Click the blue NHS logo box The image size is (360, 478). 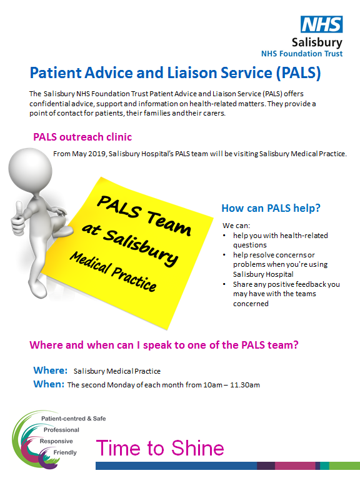(322, 24)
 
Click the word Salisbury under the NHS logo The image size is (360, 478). (317, 42)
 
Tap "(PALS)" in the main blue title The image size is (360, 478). (298, 73)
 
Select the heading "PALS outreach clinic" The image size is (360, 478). (82, 137)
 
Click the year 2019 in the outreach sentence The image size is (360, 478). (97, 154)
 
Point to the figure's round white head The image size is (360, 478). (30, 170)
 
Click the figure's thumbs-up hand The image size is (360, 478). (17, 219)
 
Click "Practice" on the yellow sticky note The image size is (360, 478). (134, 279)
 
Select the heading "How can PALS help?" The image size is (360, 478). (271, 208)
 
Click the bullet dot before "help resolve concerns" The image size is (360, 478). (224, 255)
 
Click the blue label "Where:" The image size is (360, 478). (50, 371)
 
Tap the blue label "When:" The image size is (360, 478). (49, 384)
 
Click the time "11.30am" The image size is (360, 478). (245, 385)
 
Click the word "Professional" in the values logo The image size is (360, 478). (61, 430)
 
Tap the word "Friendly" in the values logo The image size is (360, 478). (65, 452)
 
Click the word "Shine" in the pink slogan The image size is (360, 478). (197, 448)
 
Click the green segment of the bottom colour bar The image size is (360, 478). (344, 466)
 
